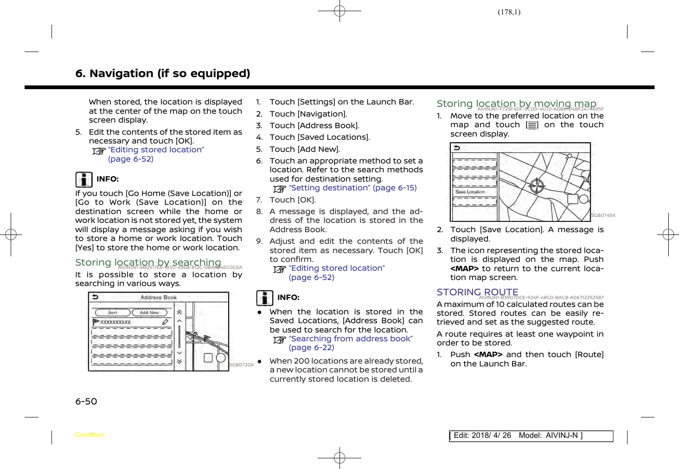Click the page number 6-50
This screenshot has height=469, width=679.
(x=86, y=402)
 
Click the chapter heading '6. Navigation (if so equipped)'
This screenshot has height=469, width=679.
(x=163, y=74)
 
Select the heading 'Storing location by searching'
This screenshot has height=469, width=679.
(x=148, y=262)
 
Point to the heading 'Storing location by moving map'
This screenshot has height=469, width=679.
(x=516, y=104)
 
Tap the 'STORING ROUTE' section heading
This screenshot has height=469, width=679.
(x=477, y=292)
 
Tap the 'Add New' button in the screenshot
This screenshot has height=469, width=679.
(x=149, y=313)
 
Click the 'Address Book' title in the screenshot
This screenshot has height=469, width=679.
(x=159, y=297)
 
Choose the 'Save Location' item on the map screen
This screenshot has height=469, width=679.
(x=470, y=192)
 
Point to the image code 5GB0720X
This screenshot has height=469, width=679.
(x=242, y=365)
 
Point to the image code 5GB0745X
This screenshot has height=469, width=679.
(x=603, y=215)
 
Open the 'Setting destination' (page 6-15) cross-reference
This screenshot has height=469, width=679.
(x=352, y=188)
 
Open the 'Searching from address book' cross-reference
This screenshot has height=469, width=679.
(x=351, y=339)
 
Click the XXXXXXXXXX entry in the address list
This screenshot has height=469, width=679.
(x=115, y=322)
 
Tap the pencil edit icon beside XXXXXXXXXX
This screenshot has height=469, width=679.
(x=165, y=321)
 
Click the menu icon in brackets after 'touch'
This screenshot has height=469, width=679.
(x=532, y=125)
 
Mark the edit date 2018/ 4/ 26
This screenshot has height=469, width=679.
(x=491, y=436)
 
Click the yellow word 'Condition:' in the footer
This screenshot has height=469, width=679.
(x=90, y=435)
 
